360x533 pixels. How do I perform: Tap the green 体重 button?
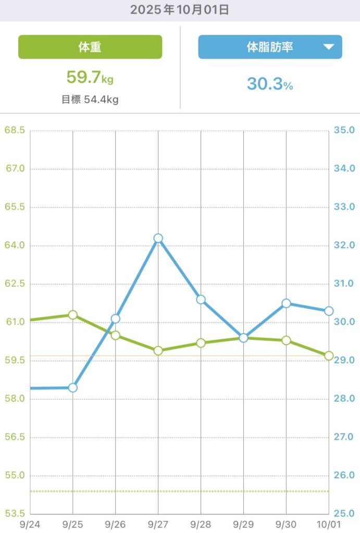90,47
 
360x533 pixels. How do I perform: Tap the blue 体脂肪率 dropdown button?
270,47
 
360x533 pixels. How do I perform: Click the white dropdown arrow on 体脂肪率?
328,47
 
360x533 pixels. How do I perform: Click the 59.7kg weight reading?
90,78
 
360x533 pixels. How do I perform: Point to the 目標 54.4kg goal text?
90,99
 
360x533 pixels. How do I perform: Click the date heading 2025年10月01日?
180,10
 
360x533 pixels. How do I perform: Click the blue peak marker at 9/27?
158,238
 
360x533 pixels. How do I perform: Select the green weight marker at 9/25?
73,315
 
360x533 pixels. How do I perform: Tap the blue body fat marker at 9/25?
73,388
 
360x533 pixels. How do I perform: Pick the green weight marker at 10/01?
329,356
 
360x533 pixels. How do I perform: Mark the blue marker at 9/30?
286,303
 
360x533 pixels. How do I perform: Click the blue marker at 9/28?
201,299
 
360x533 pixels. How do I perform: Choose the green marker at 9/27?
158,351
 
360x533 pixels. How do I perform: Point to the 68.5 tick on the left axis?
15,130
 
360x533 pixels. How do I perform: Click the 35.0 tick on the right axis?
344,130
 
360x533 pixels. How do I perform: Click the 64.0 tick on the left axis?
15,245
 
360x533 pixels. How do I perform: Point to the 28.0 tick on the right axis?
344,399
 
